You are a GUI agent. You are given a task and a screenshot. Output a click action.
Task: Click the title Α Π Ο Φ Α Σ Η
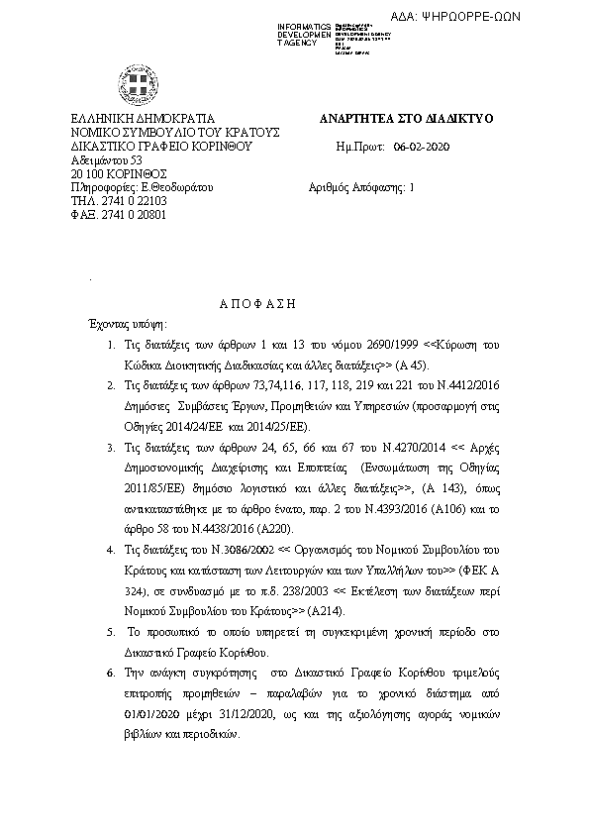pos(256,305)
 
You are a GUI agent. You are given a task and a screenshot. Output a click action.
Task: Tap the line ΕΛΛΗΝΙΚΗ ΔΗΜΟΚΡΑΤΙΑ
pos(137,119)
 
